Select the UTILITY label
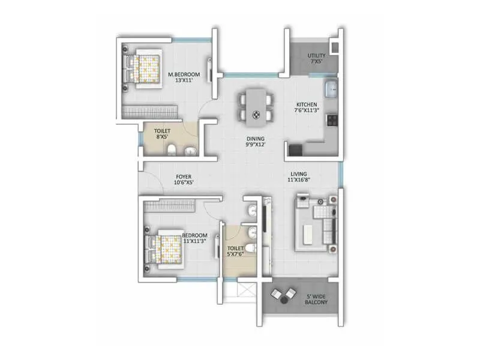[317, 55]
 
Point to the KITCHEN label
[306, 104]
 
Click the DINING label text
[256, 138]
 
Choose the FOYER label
[184, 176]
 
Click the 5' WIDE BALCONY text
[316, 298]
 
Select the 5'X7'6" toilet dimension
[235, 254]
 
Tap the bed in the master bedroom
[144, 68]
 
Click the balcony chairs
[283, 295]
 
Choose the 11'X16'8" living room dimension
[300, 179]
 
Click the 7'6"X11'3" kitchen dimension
[306, 110]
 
